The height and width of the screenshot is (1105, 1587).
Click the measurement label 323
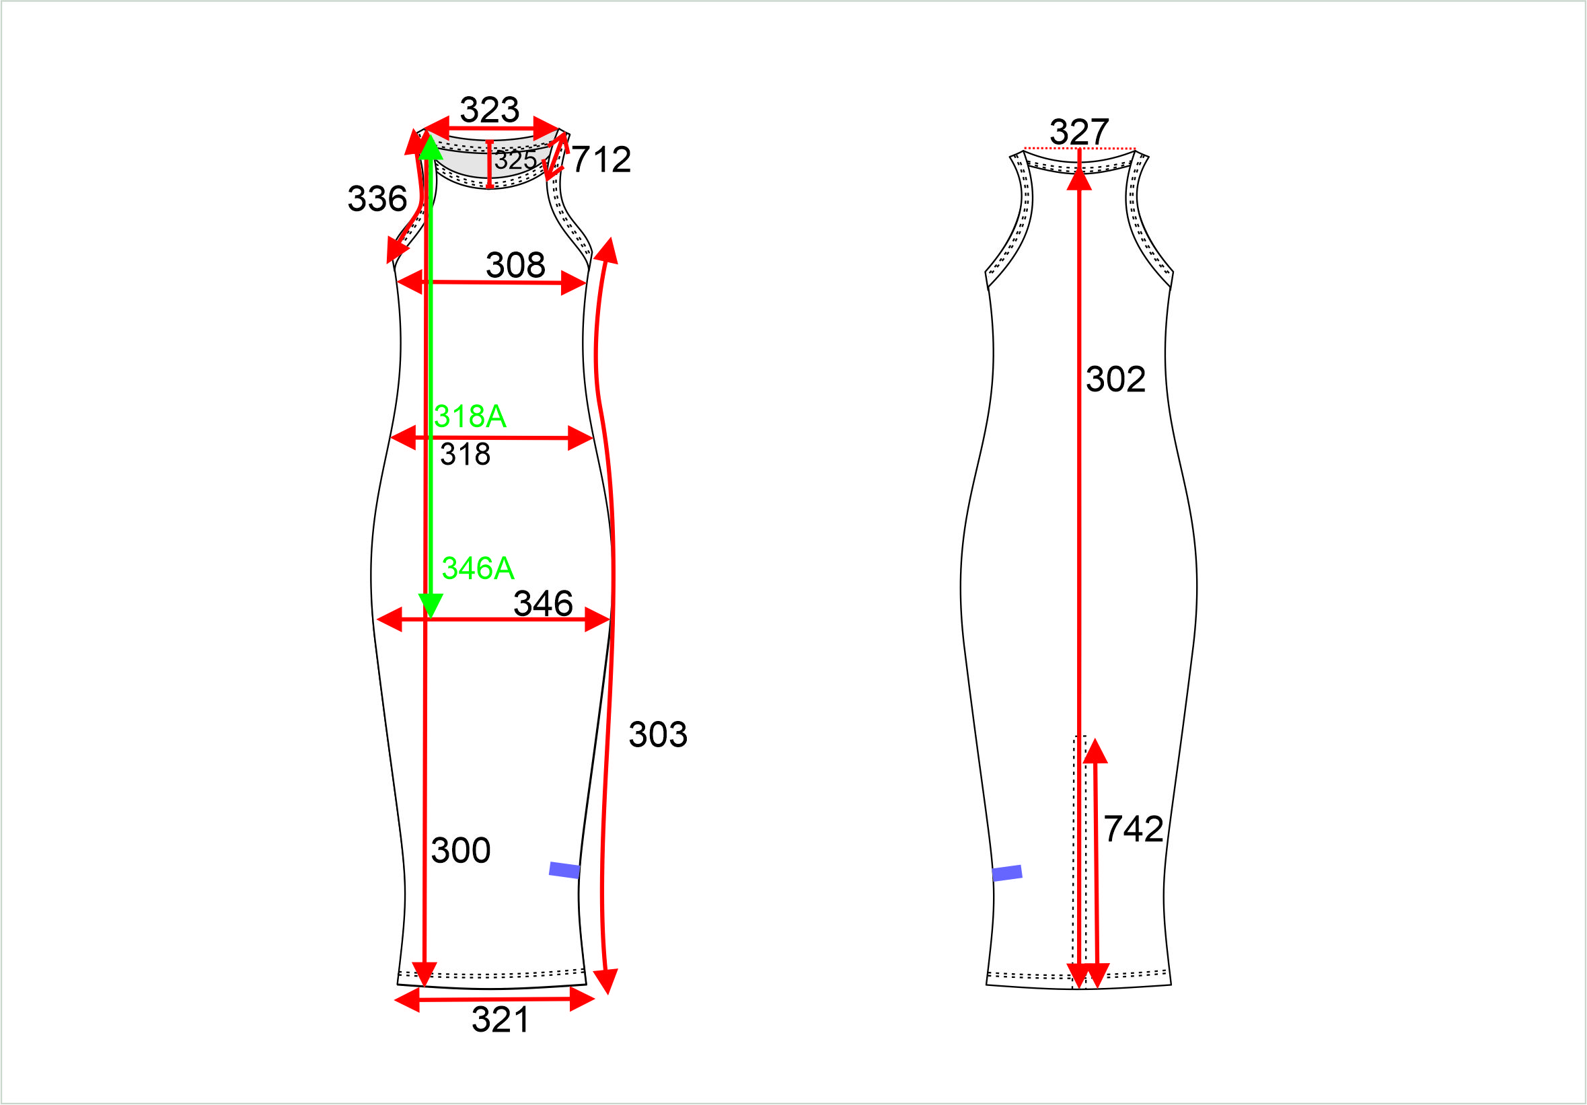coord(489,110)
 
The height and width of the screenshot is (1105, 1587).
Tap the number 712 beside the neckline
coord(601,159)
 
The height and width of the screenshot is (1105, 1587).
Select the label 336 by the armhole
coord(377,198)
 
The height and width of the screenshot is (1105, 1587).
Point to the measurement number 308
coord(515,265)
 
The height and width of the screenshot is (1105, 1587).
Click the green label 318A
coord(470,416)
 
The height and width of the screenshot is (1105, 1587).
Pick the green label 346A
coord(478,568)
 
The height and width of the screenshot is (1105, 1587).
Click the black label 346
coord(543,603)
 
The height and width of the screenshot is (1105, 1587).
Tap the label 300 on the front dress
coord(460,850)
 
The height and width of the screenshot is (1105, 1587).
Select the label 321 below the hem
coord(501,1020)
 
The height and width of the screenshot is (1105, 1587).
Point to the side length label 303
coord(658,734)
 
